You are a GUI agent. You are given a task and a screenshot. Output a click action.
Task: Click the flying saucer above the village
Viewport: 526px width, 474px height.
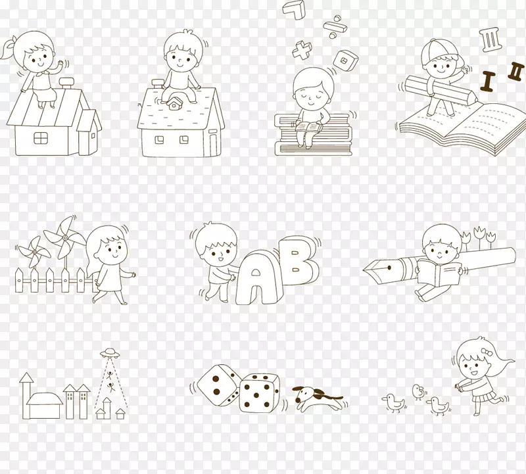pos(108,352)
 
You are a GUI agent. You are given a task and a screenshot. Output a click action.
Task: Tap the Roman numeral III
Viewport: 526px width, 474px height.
pos(490,40)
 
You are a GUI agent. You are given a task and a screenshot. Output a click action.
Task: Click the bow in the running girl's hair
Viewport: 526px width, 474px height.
pos(487,352)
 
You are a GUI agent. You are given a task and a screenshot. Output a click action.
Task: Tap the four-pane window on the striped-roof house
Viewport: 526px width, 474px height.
pos(41,138)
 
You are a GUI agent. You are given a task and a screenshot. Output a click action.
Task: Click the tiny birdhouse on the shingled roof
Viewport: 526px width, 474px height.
pos(174,103)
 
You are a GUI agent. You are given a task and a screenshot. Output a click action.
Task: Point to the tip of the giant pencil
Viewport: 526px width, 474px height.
pos(477,99)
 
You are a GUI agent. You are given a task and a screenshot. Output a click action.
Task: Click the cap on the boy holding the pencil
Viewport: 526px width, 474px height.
pos(437,50)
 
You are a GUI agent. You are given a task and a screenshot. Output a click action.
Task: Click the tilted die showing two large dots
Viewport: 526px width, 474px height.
pos(219,385)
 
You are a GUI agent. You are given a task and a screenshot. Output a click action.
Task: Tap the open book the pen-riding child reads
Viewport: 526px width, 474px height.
pos(439,273)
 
